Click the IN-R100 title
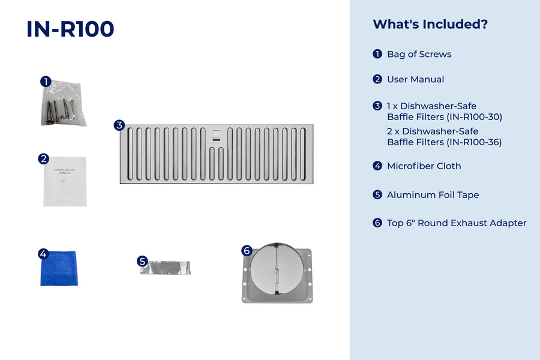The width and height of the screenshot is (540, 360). pyautogui.click(x=70, y=29)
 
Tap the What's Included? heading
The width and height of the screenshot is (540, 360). pyautogui.click(x=430, y=24)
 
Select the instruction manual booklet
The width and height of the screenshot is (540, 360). pyautogui.click(x=65, y=182)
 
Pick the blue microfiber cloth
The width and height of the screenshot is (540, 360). pyautogui.click(x=59, y=268)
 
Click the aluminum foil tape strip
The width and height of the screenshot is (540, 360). pyautogui.click(x=166, y=268)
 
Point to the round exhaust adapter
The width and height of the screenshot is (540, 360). pyautogui.click(x=277, y=273)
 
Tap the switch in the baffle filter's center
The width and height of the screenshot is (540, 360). pyautogui.click(x=216, y=134)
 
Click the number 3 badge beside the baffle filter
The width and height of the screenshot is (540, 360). pyautogui.click(x=119, y=125)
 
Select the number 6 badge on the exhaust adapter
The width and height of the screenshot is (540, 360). pyautogui.click(x=247, y=251)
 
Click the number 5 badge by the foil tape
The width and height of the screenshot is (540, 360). pyautogui.click(x=142, y=261)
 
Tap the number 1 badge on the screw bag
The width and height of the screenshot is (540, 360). pyautogui.click(x=46, y=82)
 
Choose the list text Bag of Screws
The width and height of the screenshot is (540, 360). pyautogui.click(x=419, y=54)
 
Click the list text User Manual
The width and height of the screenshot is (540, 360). pyautogui.click(x=415, y=79)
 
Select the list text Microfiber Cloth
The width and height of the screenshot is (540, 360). pyautogui.click(x=424, y=166)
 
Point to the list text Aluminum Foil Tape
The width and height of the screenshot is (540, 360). pyautogui.click(x=433, y=195)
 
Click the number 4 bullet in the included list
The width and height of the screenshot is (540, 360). pyautogui.click(x=377, y=166)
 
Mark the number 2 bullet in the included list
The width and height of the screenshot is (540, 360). pyautogui.click(x=377, y=79)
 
